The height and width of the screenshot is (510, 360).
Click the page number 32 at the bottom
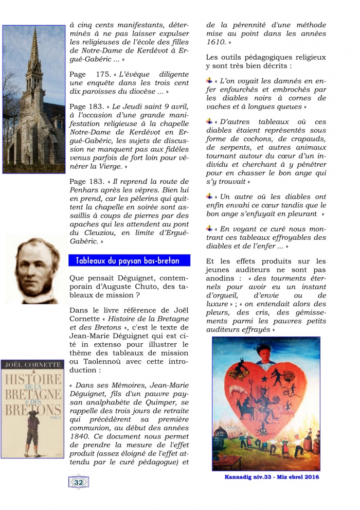pos(79,482)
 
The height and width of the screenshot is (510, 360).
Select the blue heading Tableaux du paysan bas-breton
pos(129,260)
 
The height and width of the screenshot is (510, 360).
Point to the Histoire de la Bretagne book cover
pos(32,409)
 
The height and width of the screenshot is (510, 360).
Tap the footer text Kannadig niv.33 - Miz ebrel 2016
pos(272,477)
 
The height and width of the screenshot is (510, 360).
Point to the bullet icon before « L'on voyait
pos(209,81)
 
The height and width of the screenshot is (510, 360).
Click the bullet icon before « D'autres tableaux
pos(209,121)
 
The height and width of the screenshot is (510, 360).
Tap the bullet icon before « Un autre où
pos(209,197)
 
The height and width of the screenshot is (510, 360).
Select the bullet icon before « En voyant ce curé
pos(209,228)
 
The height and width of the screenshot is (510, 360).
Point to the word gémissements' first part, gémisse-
pos(303,312)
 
